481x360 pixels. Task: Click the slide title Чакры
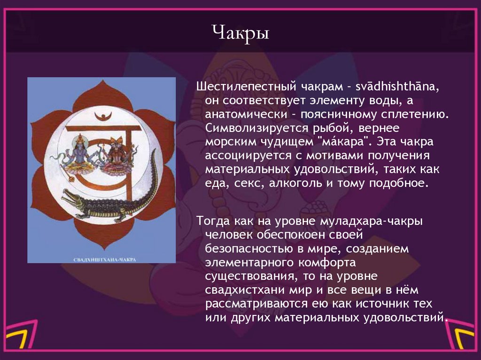click(x=240, y=33)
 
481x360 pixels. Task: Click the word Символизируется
click(x=252, y=128)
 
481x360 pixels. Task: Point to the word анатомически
click(x=240, y=115)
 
